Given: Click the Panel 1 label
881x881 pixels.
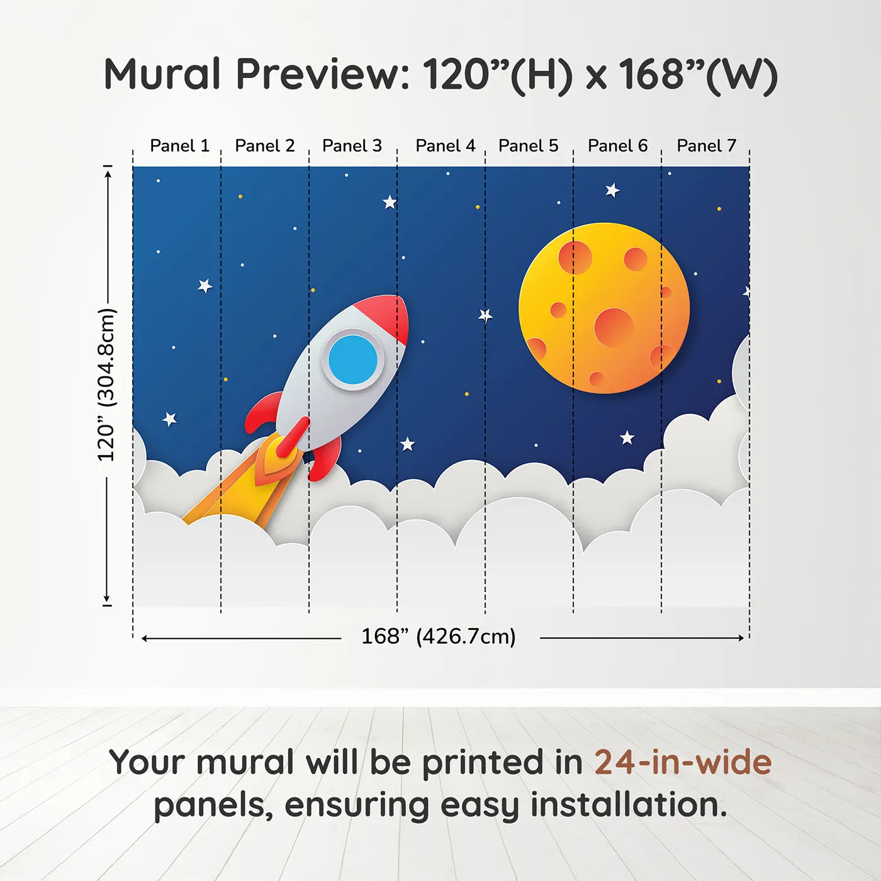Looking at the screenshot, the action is [180, 145].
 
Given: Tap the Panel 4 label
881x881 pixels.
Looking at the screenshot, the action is [446, 145].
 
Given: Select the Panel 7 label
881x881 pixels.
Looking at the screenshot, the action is [706, 145].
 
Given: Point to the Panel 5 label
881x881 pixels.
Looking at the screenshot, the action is [528, 145].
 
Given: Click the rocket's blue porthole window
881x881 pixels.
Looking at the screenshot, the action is [352, 359].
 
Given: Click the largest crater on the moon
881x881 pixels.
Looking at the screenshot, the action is [614, 327].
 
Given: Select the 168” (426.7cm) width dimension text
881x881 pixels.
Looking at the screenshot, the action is [439, 636].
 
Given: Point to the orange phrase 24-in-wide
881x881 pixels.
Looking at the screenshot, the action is [683, 761].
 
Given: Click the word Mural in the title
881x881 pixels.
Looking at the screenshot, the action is [163, 74].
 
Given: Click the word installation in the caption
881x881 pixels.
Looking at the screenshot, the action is [629, 804].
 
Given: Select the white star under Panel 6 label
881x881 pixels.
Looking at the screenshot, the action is [612, 190].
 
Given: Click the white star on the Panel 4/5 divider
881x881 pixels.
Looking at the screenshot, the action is [485, 315].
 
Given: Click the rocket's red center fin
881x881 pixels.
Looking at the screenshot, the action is [293, 437].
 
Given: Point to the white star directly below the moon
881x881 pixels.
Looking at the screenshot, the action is [627, 437].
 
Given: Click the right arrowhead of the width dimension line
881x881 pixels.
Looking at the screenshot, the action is [741, 637].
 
